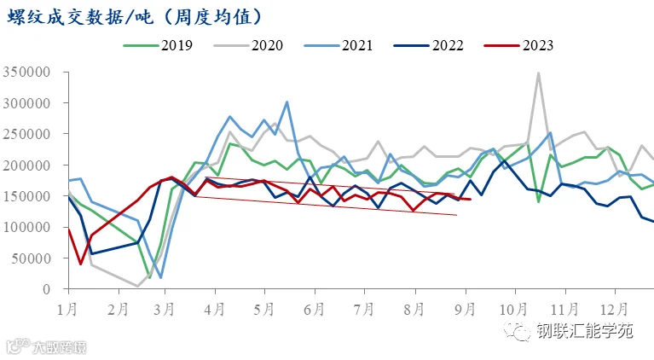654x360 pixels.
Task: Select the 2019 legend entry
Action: pyautogui.click(x=158, y=45)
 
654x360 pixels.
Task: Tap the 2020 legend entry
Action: pyautogui.click(x=248, y=45)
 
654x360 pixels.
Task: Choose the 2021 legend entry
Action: pyautogui.click(x=339, y=45)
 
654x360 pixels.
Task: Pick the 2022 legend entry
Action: pyautogui.click(x=429, y=45)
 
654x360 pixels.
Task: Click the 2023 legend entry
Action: pyautogui.click(x=519, y=45)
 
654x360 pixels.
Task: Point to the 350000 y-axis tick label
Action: pyautogui.click(x=26, y=73)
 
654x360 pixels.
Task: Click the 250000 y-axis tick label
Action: pyautogui.click(x=26, y=134)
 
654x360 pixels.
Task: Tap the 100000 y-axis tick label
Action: pyautogui.click(x=26, y=228)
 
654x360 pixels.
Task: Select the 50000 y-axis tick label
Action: pyautogui.click(x=31, y=258)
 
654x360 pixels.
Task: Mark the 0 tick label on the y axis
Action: pyautogui.click(x=46, y=289)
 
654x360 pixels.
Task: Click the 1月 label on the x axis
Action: pyautogui.click(x=67, y=310)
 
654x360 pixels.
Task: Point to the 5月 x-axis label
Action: pyautogui.click(x=263, y=310)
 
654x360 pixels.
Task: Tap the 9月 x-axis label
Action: pyautogui.click(x=465, y=310)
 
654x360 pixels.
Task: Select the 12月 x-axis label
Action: pyautogui.click(x=614, y=310)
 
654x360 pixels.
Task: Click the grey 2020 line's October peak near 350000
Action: pyautogui.click(x=539, y=73)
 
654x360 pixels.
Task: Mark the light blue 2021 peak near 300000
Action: pyautogui.click(x=286, y=102)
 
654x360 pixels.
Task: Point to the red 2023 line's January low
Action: pyautogui.click(x=80, y=264)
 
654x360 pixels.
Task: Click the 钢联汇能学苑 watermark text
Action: pyautogui.click(x=585, y=331)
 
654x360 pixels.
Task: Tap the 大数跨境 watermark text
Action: pyautogui.click(x=59, y=347)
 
